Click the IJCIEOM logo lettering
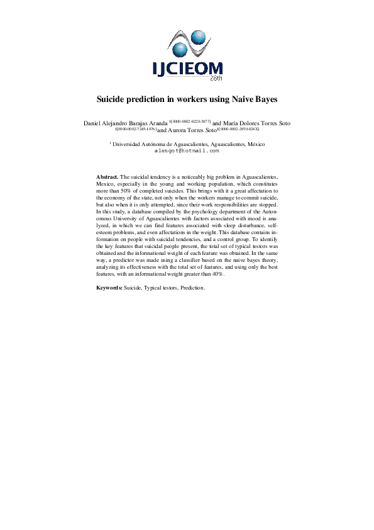[186, 68]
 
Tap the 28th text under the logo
[214, 80]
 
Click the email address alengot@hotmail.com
[186, 151]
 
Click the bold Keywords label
[109, 287]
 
